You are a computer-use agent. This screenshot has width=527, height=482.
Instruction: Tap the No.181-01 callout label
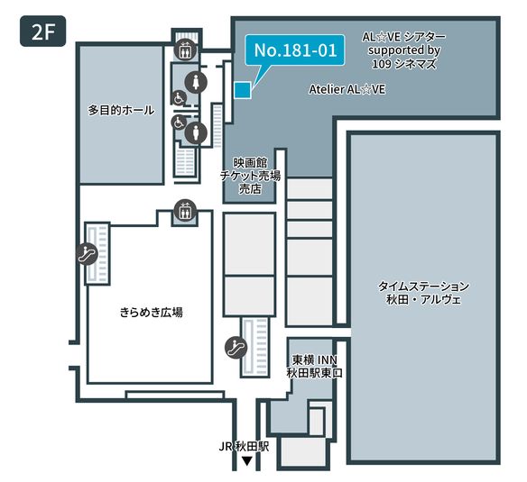[x=295, y=51]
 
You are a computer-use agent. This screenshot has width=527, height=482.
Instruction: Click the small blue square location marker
[x=241, y=88]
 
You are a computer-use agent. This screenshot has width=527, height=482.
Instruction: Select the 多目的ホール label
[x=121, y=111]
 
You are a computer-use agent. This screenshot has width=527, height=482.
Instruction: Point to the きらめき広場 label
[x=152, y=313]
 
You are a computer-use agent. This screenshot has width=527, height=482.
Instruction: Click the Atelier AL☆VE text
[x=347, y=90]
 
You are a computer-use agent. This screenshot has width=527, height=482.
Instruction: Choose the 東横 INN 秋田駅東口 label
[x=315, y=366]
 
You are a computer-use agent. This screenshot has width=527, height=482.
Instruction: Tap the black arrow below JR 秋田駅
[x=245, y=461]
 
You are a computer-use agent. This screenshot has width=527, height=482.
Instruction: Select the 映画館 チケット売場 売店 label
[x=250, y=176]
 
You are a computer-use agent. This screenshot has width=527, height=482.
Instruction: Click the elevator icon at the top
[x=184, y=49]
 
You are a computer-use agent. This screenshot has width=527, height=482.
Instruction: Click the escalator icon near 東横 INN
[x=234, y=344]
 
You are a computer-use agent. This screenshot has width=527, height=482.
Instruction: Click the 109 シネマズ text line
[x=404, y=65]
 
